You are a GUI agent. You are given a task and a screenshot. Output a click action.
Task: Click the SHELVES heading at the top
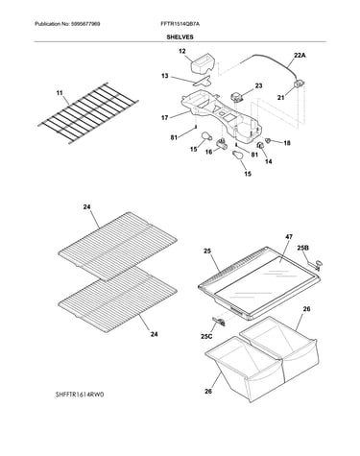click(x=180, y=37)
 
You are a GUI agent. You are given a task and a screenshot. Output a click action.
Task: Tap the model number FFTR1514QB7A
click(x=180, y=24)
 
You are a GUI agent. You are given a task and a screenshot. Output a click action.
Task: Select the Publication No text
click(x=67, y=24)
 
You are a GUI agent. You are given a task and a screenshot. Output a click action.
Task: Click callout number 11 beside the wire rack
click(x=60, y=93)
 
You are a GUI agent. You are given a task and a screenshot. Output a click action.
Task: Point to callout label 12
click(x=182, y=51)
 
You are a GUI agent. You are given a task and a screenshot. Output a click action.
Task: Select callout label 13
click(x=165, y=76)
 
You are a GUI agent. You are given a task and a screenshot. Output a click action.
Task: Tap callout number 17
click(x=164, y=118)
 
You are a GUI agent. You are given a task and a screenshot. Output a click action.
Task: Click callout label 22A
click(x=300, y=56)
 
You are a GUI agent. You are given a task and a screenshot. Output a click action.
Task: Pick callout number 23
click(x=258, y=85)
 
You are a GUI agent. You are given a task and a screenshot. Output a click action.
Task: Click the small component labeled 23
click(x=237, y=97)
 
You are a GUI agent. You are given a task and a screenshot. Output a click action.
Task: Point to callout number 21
click(x=280, y=98)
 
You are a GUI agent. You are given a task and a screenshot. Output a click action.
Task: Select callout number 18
click(x=287, y=143)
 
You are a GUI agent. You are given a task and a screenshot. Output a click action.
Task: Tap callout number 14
click(x=269, y=162)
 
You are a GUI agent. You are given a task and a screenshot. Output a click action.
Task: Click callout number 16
click(x=208, y=152)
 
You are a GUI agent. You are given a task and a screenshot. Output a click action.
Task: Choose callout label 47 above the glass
click(x=289, y=237)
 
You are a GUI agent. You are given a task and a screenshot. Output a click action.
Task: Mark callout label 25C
click(x=206, y=336)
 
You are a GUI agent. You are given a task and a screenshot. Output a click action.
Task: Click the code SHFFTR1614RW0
click(x=80, y=395)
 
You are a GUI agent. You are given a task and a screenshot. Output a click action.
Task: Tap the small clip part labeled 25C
click(x=219, y=322)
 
